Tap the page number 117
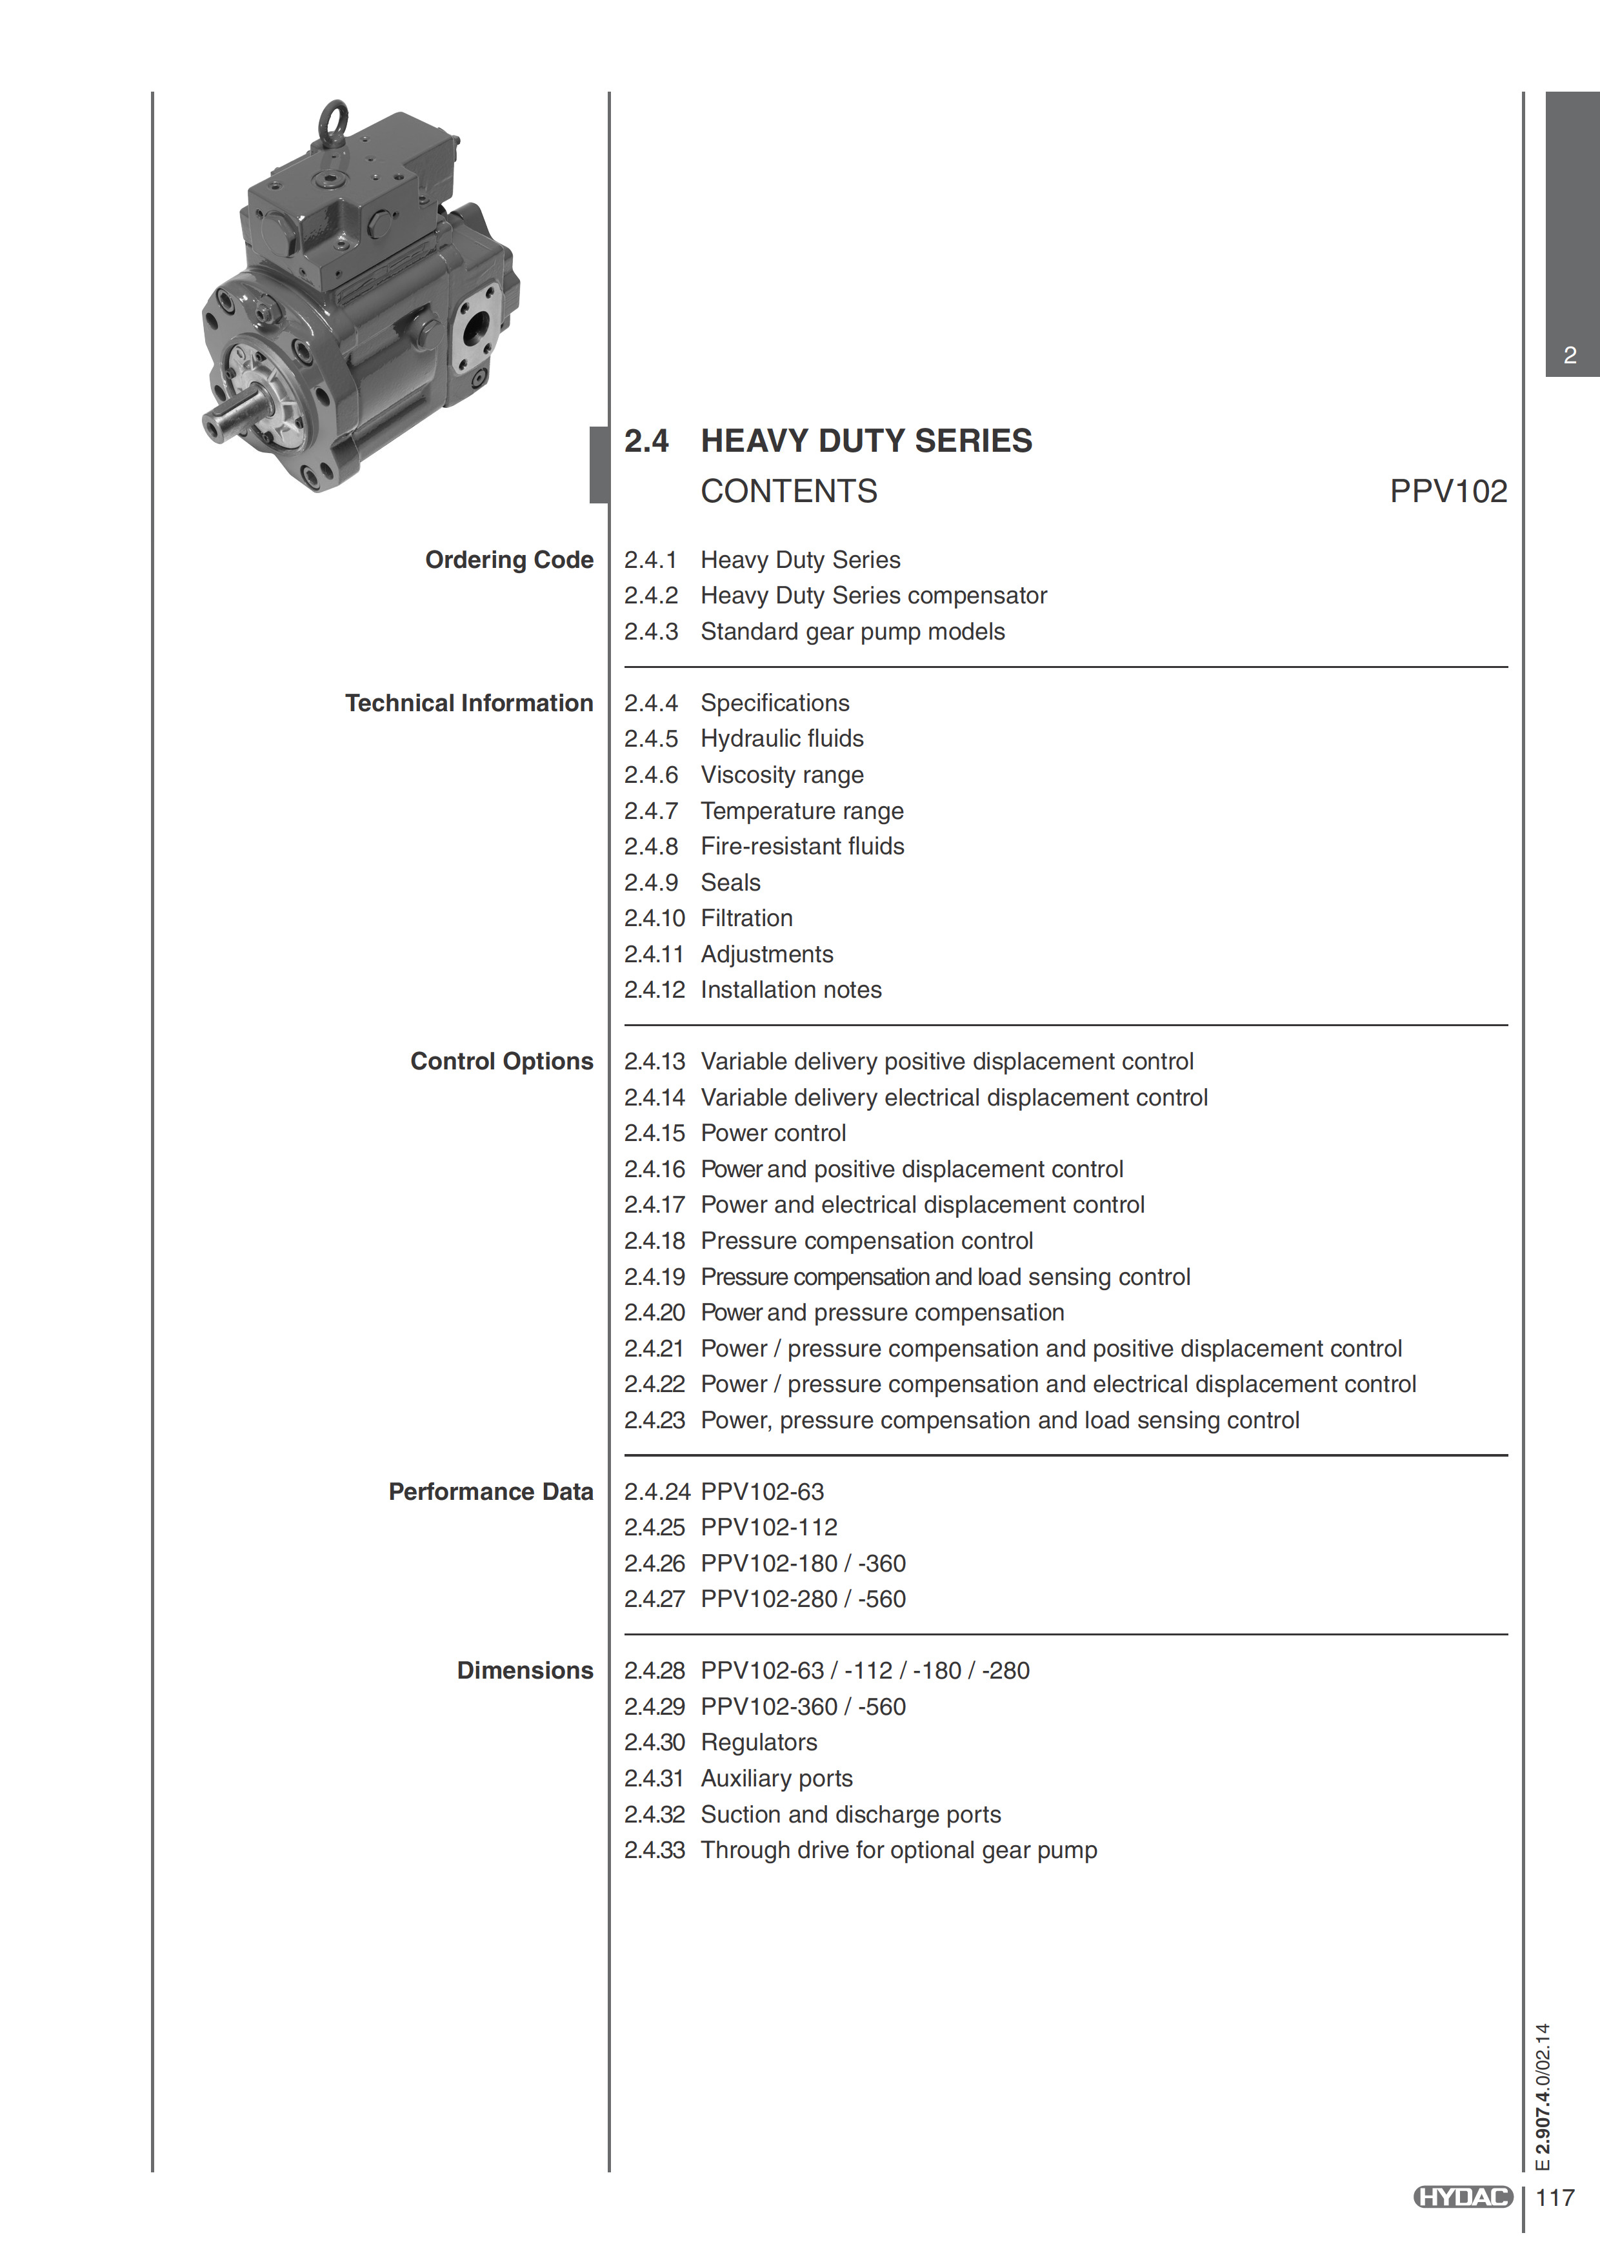pyautogui.click(x=1555, y=2197)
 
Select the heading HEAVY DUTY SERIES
pyautogui.click(x=866, y=441)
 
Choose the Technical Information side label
pyautogui.click(x=468, y=703)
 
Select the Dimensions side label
pyautogui.click(x=525, y=1670)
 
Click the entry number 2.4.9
pyautogui.click(x=651, y=882)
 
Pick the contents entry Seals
pyautogui.click(x=730, y=882)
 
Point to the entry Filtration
pyautogui.click(x=746, y=918)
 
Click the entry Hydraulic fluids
pyautogui.click(x=782, y=738)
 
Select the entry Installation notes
pyautogui.click(x=790, y=990)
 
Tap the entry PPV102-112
pyautogui.click(x=769, y=1528)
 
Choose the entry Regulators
pyautogui.click(x=759, y=1743)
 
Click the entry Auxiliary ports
pyautogui.click(x=777, y=1778)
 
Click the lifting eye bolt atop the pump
pyautogui.click(x=332, y=121)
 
